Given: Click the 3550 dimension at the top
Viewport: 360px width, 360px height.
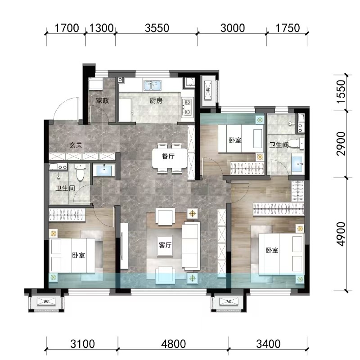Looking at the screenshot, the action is point(157,28).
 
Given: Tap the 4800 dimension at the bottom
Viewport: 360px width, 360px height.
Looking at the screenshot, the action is point(173,344).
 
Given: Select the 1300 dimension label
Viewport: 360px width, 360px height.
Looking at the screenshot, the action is point(101,28).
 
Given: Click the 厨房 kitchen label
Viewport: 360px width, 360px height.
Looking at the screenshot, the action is point(156,100).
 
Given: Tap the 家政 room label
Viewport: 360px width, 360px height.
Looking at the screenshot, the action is point(103,100).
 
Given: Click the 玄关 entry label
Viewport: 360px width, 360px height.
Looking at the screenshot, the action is point(76,145).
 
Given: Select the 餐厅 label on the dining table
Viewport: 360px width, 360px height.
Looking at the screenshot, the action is point(168,157).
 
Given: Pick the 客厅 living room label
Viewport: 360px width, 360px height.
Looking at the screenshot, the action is point(165,245).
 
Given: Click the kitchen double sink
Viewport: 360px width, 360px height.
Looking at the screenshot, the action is point(152,85).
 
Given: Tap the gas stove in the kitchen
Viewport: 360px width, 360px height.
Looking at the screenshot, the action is point(188,107).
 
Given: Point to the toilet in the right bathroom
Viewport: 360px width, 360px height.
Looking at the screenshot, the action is point(296,143).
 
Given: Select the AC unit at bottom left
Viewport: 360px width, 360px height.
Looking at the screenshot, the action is point(46,301).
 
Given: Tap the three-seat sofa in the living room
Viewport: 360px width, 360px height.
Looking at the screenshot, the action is point(190,245).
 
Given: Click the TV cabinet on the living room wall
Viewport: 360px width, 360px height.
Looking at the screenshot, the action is point(124,246).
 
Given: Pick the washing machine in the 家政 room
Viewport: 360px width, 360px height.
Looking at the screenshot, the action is point(96,84).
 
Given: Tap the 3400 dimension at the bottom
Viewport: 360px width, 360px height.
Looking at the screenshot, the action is point(268,344).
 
